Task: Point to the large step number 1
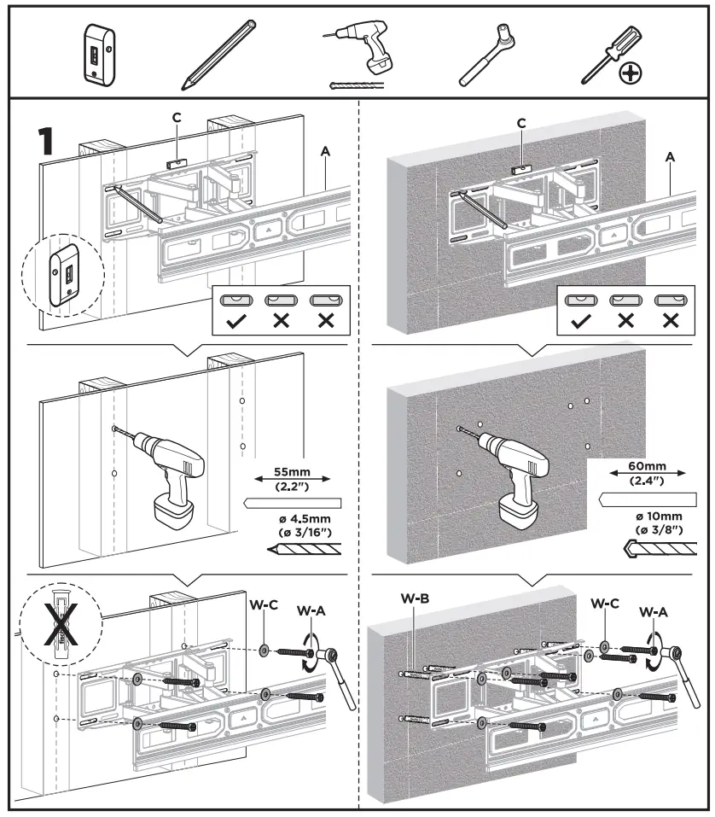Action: tap(47, 141)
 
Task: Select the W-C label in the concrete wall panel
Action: tap(604, 603)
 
